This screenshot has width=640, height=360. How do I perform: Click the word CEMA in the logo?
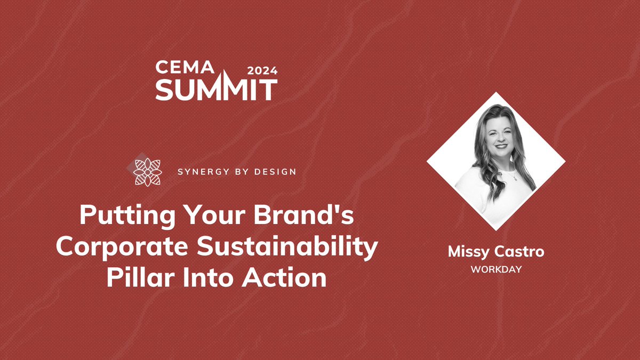184,68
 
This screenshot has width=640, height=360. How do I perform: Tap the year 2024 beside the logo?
262,69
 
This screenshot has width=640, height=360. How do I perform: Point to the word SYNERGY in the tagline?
198,172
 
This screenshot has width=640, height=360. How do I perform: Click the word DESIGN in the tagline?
275,172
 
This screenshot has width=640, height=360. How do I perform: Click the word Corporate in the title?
114,248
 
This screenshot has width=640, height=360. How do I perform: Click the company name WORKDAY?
496,269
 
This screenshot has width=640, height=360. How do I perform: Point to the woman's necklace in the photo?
513,178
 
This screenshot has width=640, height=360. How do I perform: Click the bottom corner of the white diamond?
496,229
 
